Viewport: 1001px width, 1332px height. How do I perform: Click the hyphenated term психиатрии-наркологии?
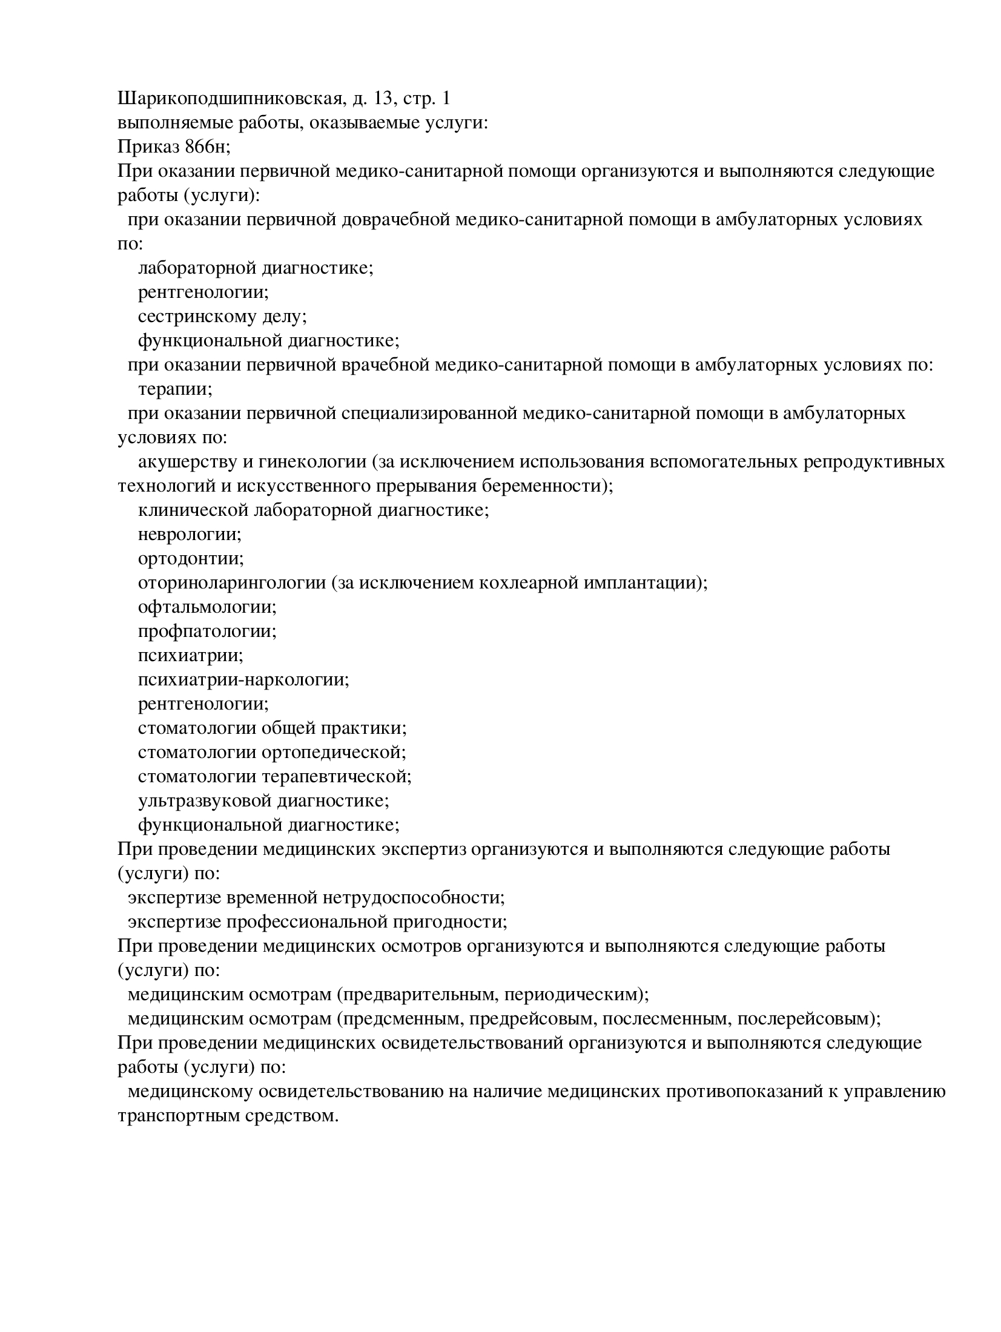(243, 679)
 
